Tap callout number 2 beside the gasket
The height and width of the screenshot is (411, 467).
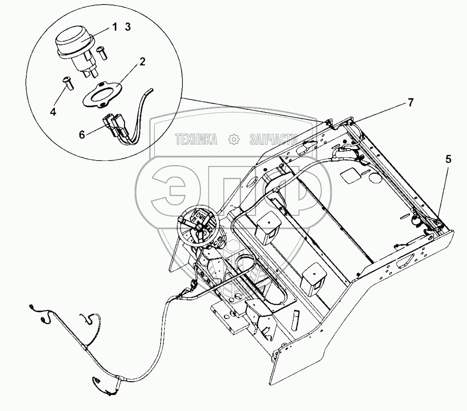point(142,62)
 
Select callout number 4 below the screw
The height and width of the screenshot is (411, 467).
point(53,111)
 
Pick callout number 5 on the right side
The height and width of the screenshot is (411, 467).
point(448,160)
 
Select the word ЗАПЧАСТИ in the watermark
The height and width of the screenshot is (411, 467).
point(273,139)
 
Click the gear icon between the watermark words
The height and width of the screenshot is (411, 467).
point(234,139)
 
